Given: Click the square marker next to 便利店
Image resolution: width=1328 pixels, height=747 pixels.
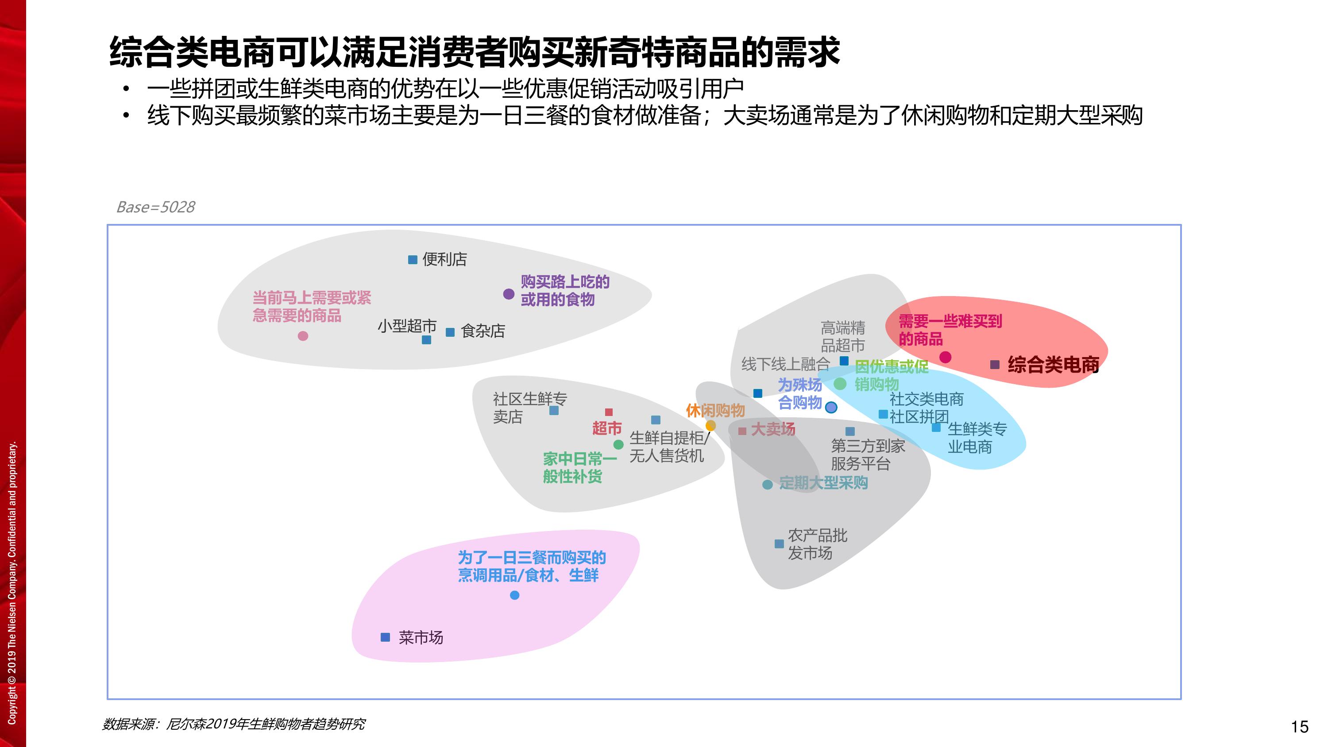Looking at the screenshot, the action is [413, 259].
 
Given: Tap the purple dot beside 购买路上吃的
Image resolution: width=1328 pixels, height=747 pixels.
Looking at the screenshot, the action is [509, 294].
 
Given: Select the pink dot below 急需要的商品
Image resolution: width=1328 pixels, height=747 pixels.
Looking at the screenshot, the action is [303, 336].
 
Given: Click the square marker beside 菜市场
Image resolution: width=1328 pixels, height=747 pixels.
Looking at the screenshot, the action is [385, 637].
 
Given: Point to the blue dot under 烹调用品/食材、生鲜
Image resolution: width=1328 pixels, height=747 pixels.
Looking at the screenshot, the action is [514, 596].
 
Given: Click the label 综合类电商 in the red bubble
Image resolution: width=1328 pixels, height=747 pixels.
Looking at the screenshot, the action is [1053, 365].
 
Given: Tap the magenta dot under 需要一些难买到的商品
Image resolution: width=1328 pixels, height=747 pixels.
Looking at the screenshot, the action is [946, 357].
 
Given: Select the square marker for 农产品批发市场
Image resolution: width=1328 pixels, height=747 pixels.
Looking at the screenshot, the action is [780, 544].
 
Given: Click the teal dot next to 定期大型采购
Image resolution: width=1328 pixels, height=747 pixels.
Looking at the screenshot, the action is [768, 485].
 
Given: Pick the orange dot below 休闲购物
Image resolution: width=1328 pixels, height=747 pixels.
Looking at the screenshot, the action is [710, 425].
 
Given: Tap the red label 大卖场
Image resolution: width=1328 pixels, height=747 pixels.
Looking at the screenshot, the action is [773, 429].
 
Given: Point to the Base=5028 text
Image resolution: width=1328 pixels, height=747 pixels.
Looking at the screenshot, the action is [156, 207].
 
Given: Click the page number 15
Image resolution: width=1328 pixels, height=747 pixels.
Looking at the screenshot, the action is [1300, 727].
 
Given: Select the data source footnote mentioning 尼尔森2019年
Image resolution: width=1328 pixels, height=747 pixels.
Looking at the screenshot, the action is [234, 724].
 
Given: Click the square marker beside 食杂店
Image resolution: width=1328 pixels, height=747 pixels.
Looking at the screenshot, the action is [450, 332].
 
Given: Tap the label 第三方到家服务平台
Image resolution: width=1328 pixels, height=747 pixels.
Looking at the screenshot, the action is [868, 454].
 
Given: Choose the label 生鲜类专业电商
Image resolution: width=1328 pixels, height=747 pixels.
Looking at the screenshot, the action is [977, 438].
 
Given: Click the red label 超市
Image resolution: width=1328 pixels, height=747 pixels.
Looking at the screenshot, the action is [607, 428].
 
